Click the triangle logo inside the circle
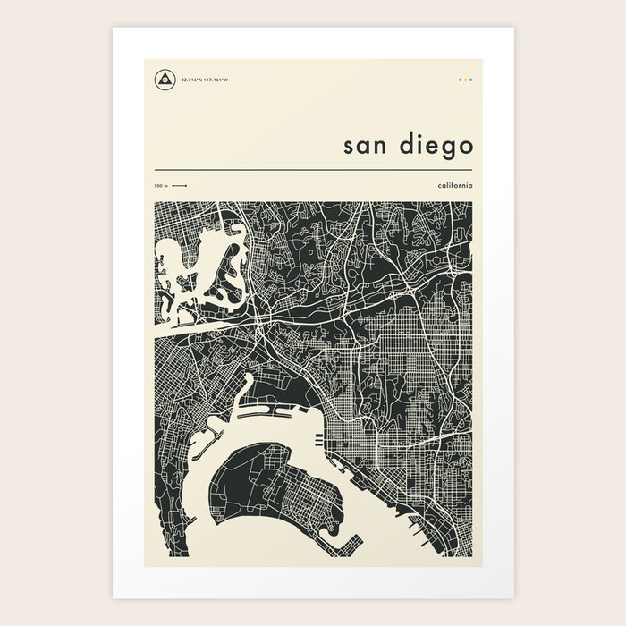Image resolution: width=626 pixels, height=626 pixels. coord(165,79)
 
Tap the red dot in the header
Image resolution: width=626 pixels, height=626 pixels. coord(460,80)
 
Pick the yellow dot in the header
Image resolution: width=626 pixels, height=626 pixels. coord(465,80)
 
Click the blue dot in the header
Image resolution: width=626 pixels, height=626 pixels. coord(471,80)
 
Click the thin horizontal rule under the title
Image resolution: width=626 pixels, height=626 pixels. coord(313,169)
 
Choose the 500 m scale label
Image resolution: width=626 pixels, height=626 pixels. coord(160,186)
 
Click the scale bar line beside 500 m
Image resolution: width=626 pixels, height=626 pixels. coord(179,186)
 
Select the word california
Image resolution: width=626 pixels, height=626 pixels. coord(456,185)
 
